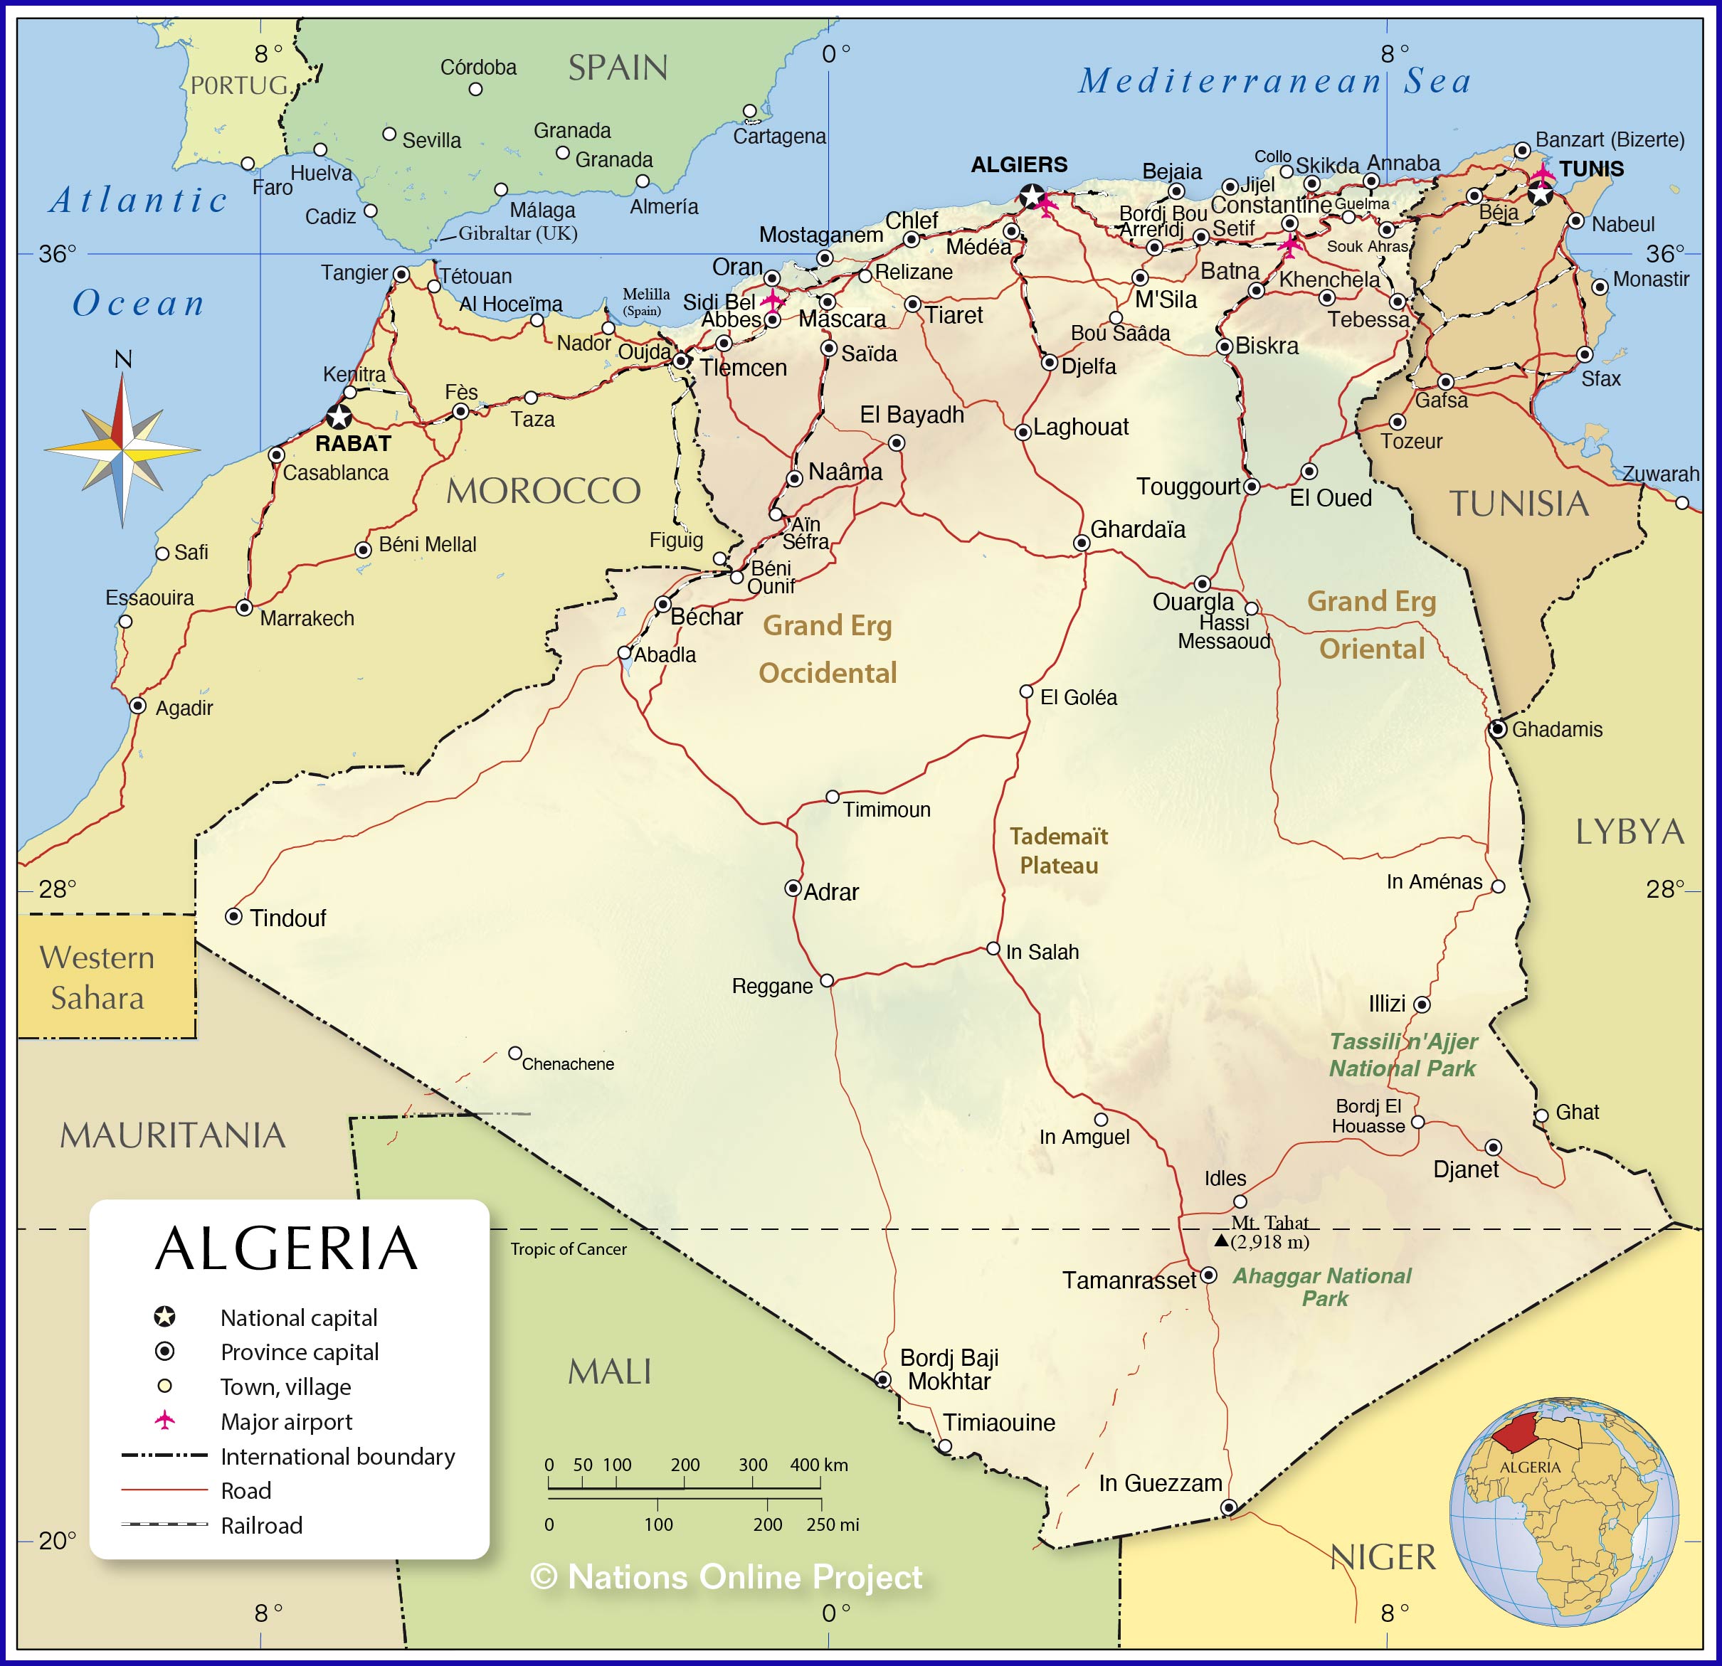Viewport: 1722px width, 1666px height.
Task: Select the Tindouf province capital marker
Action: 233,916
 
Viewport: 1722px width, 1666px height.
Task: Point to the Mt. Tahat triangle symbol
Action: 1221,1240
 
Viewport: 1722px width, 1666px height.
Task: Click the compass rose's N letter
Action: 123,359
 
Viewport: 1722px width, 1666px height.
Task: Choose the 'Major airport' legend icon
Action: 164,1420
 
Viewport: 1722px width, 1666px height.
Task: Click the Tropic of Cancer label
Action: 569,1249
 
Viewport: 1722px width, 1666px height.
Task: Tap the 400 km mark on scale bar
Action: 819,1465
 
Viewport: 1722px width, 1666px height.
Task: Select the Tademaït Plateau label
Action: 1058,850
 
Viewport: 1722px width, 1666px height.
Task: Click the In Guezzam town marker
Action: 1229,1507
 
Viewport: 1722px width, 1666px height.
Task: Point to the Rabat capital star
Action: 339,416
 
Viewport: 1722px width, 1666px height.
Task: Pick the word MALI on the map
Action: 609,1371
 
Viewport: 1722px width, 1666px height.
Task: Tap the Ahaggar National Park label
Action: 1322,1287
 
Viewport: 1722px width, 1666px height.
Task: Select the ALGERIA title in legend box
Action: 287,1249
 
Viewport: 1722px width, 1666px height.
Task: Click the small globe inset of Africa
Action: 1564,1510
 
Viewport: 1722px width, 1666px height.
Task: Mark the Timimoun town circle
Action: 832,797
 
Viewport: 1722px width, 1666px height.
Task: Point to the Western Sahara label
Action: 97,977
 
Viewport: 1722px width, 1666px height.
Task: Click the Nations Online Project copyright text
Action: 727,1577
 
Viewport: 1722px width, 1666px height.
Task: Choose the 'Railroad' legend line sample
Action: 164,1524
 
